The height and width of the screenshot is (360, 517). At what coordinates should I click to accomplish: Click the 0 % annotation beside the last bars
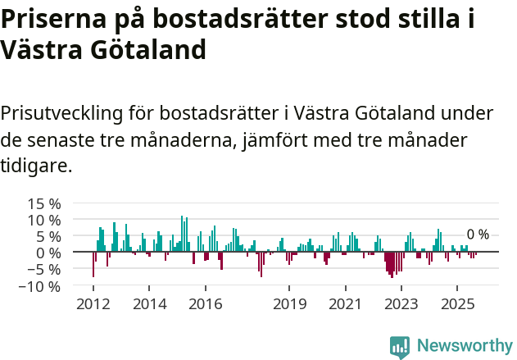pyautogui.click(x=478, y=235)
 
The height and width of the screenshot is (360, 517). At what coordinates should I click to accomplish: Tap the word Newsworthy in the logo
pyautogui.click(x=465, y=346)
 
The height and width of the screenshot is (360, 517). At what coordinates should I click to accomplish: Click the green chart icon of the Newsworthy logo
pyautogui.click(x=400, y=347)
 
